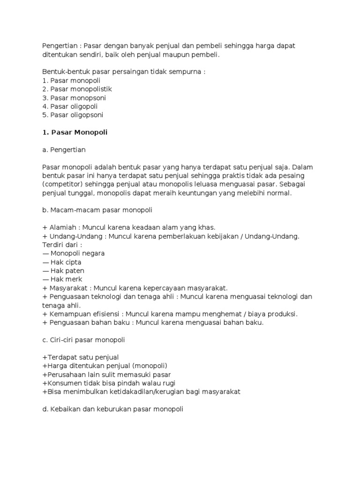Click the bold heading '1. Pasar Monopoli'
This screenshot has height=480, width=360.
(x=75, y=132)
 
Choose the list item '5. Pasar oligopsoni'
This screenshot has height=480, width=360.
(x=73, y=115)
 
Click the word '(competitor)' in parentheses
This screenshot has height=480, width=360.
(x=61, y=184)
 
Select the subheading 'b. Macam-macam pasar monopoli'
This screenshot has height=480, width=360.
(x=97, y=210)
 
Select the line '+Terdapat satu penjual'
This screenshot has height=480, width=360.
(x=80, y=357)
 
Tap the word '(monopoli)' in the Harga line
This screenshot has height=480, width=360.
(x=150, y=365)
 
